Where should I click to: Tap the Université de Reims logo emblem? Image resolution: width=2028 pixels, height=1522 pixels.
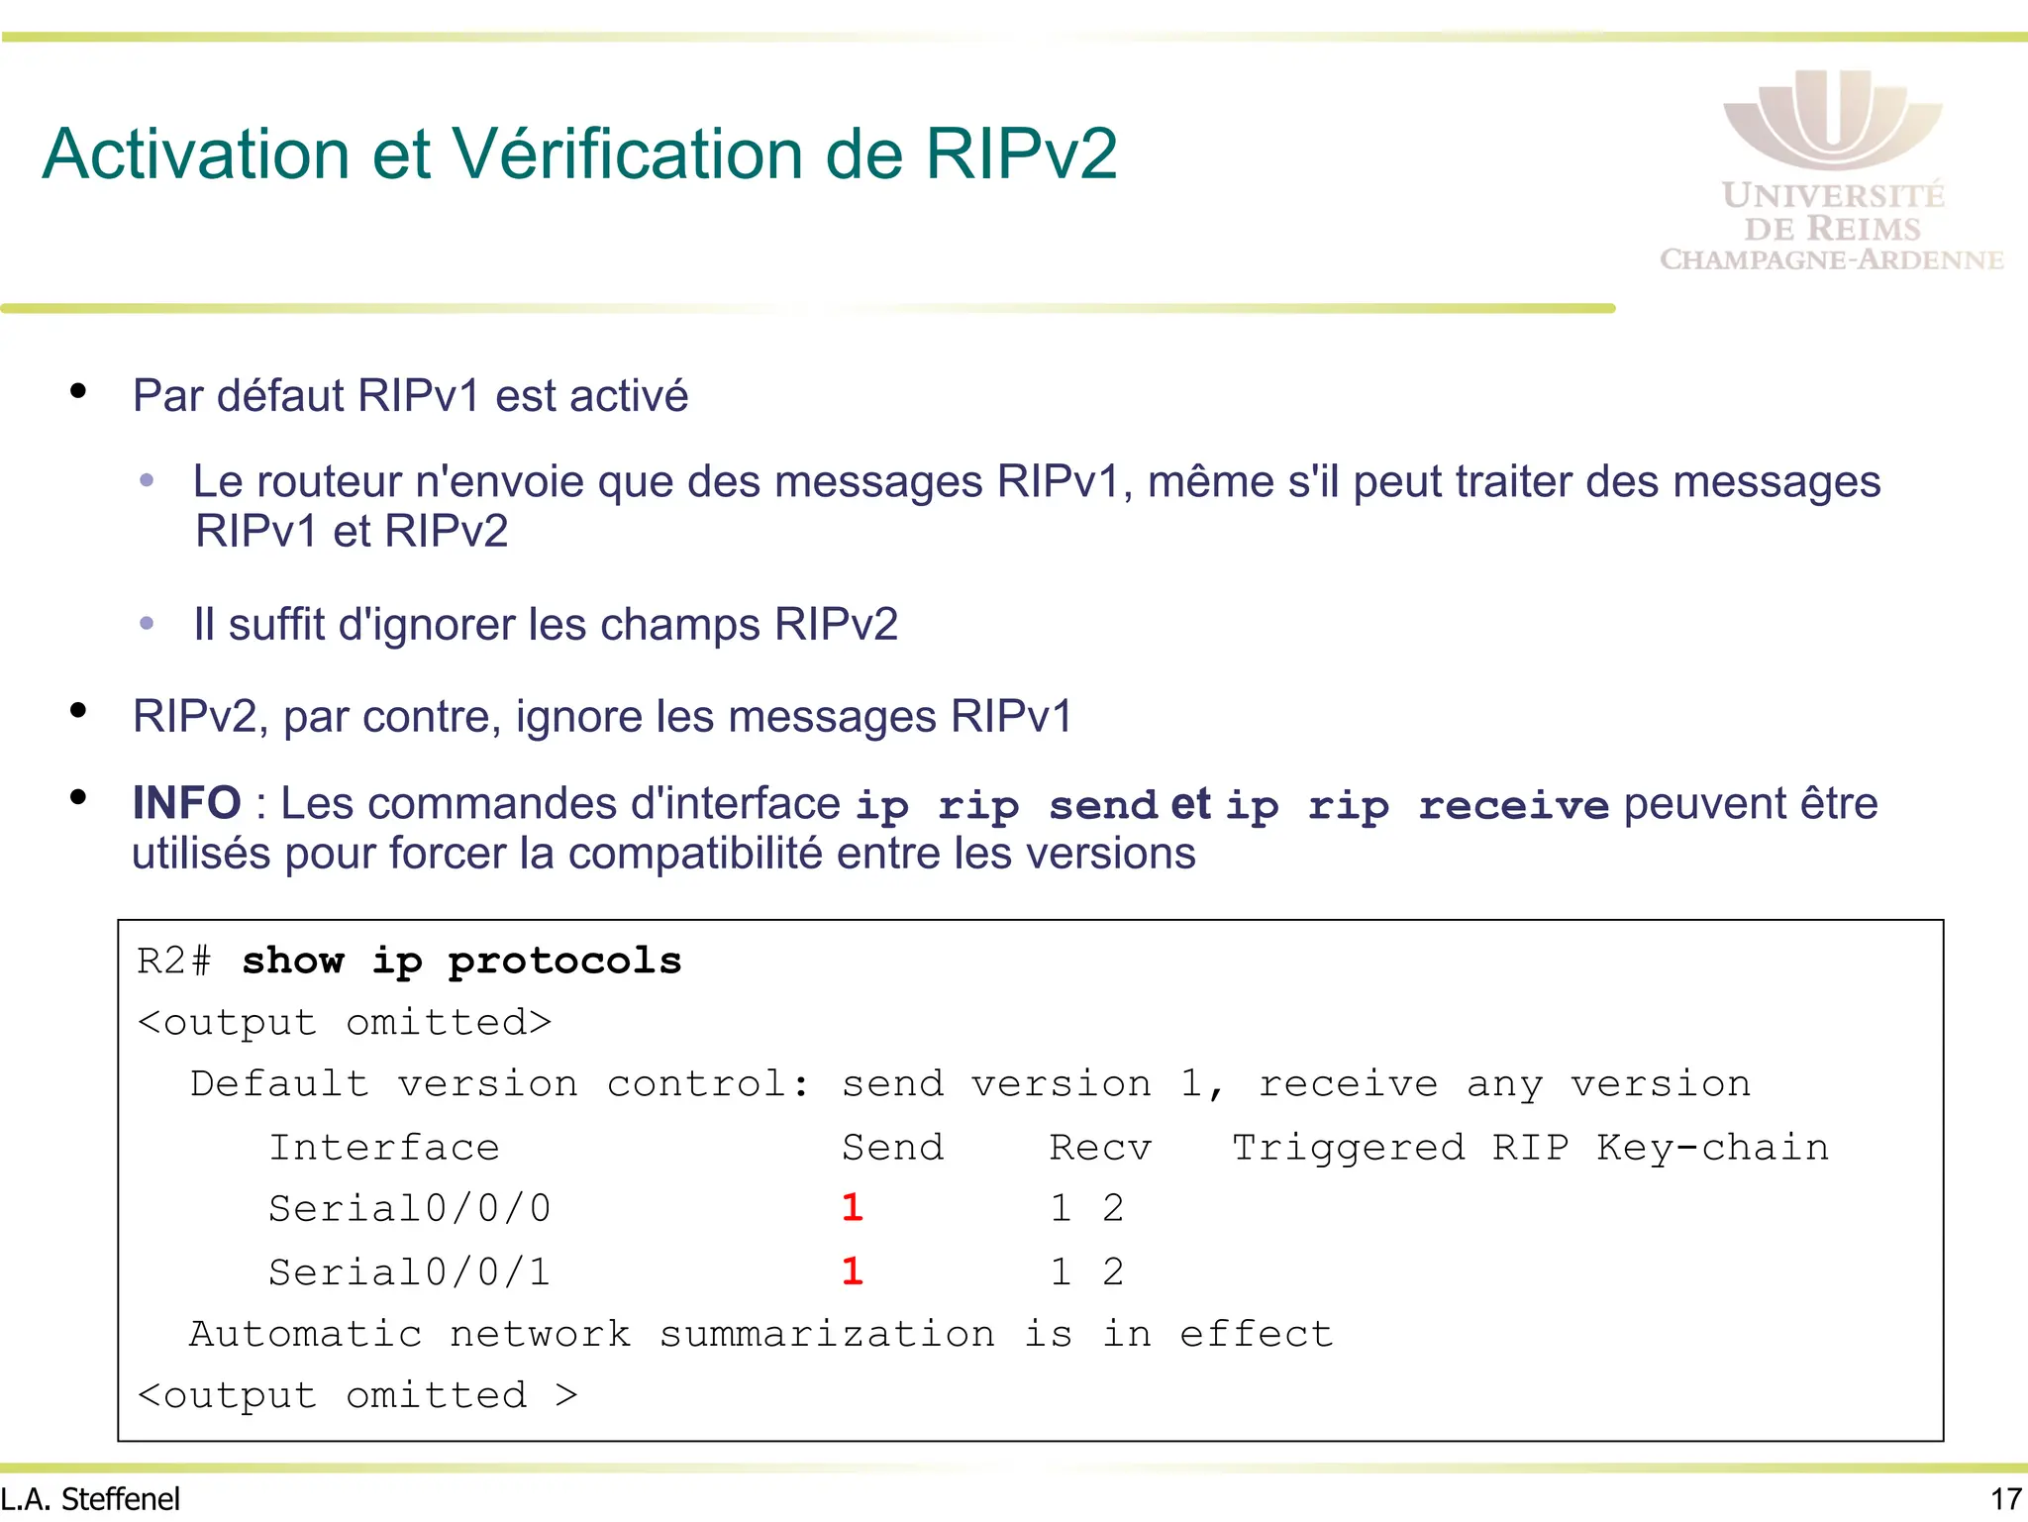pyautogui.click(x=1832, y=119)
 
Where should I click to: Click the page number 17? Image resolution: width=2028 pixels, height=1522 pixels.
pyautogui.click(x=2006, y=1499)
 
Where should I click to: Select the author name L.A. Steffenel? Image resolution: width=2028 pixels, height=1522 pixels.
pyautogui.click(x=91, y=1499)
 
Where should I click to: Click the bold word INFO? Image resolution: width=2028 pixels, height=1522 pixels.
pyautogui.click(x=187, y=803)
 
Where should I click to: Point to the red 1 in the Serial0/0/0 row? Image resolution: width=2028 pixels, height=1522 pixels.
pyautogui.click(x=853, y=1207)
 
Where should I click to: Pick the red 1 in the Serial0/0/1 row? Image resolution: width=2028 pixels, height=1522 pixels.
pyautogui.click(x=853, y=1270)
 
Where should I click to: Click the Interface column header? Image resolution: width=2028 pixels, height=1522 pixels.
pyautogui.click(x=384, y=1147)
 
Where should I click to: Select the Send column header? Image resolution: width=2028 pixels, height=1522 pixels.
pyautogui.click(x=893, y=1147)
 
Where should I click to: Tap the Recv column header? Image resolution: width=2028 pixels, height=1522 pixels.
pyautogui.click(x=1100, y=1147)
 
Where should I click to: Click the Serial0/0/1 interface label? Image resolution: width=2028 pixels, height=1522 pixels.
pyautogui.click(x=409, y=1271)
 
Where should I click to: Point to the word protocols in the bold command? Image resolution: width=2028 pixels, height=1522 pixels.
pyautogui.click(x=564, y=961)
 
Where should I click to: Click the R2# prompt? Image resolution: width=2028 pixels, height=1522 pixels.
pyautogui.click(x=174, y=961)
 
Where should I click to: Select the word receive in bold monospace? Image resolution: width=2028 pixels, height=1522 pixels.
pyautogui.click(x=1513, y=806)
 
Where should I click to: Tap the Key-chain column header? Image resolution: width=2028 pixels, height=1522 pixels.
pyautogui.click(x=1712, y=1147)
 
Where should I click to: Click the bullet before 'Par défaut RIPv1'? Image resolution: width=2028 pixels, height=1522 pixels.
pyautogui.click(x=78, y=392)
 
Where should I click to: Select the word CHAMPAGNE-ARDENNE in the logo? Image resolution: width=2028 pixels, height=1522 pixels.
pyautogui.click(x=1832, y=259)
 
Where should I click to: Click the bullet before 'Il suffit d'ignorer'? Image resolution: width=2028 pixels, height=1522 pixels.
pyautogui.click(x=148, y=624)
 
